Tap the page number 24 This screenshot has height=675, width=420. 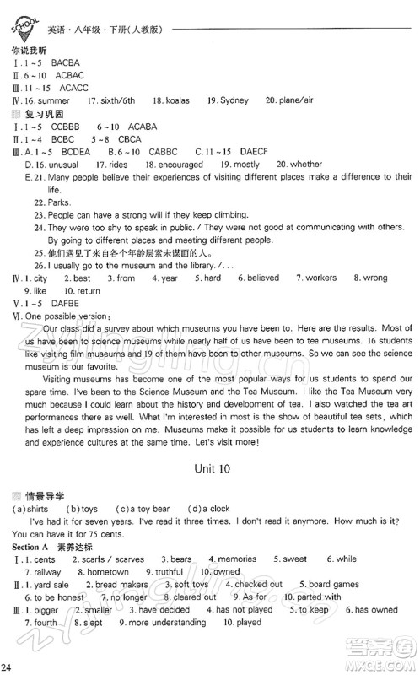tap(8, 668)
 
